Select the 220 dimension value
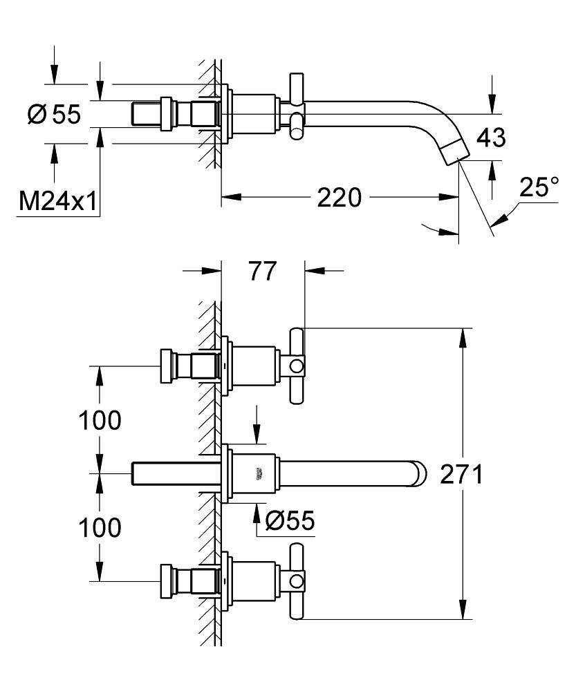(339, 198)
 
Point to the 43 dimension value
(491, 138)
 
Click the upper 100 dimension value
(100, 419)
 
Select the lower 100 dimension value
(100, 527)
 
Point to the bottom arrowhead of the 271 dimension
(464, 613)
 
